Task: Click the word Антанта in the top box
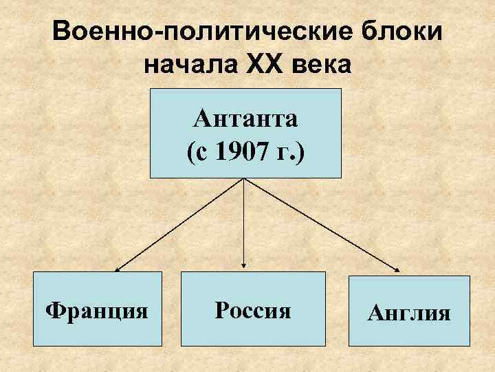[x=245, y=119]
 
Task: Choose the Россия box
[x=253, y=308]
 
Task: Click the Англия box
[x=409, y=311]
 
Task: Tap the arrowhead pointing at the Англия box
[x=399, y=270]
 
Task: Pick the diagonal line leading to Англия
[x=322, y=224]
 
